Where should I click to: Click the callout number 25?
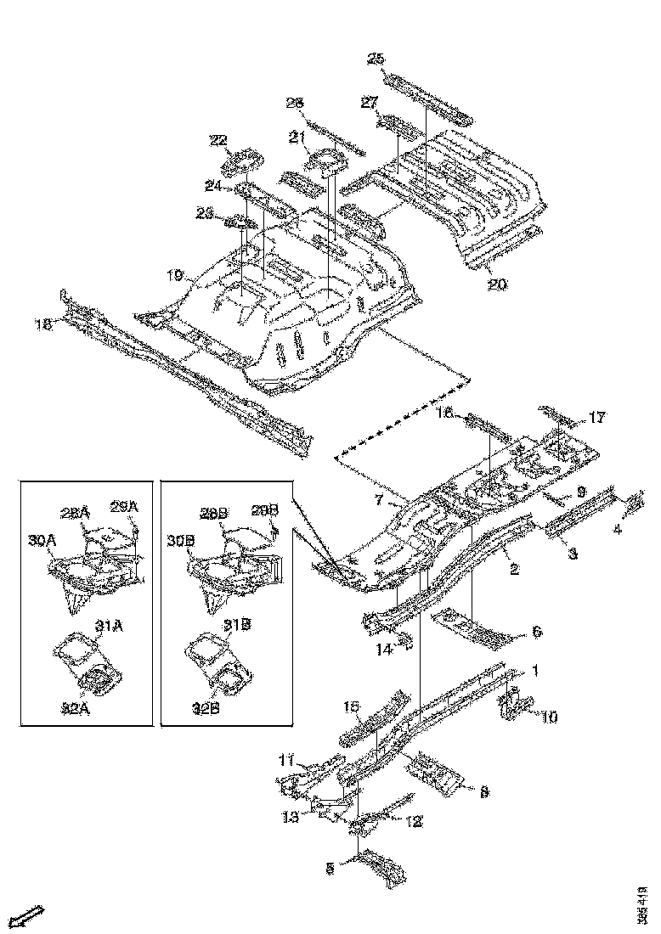point(376,59)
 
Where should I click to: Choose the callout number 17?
point(597,417)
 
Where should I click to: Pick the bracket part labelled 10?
point(514,706)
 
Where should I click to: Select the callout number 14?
point(385,650)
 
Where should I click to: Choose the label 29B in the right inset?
point(265,509)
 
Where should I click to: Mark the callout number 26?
point(295,104)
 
